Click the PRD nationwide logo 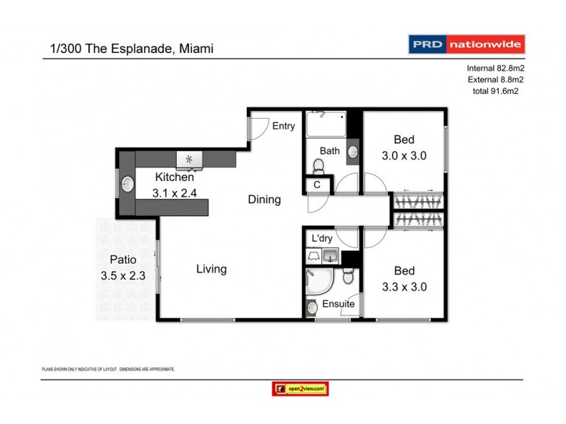(467, 45)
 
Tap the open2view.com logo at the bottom (300, 389)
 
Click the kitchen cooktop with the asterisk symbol (190, 160)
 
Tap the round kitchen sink (127, 184)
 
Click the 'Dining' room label (264, 200)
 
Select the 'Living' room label (211, 269)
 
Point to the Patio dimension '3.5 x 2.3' (123, 276)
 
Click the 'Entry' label (283, 126)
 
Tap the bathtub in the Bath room (325, 126)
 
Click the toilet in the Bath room (318, 167)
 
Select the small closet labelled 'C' (317, 185)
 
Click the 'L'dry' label (321, 239)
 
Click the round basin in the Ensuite (313, 307)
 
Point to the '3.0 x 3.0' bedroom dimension (404, 156)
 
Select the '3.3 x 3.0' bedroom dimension (404, 287)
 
